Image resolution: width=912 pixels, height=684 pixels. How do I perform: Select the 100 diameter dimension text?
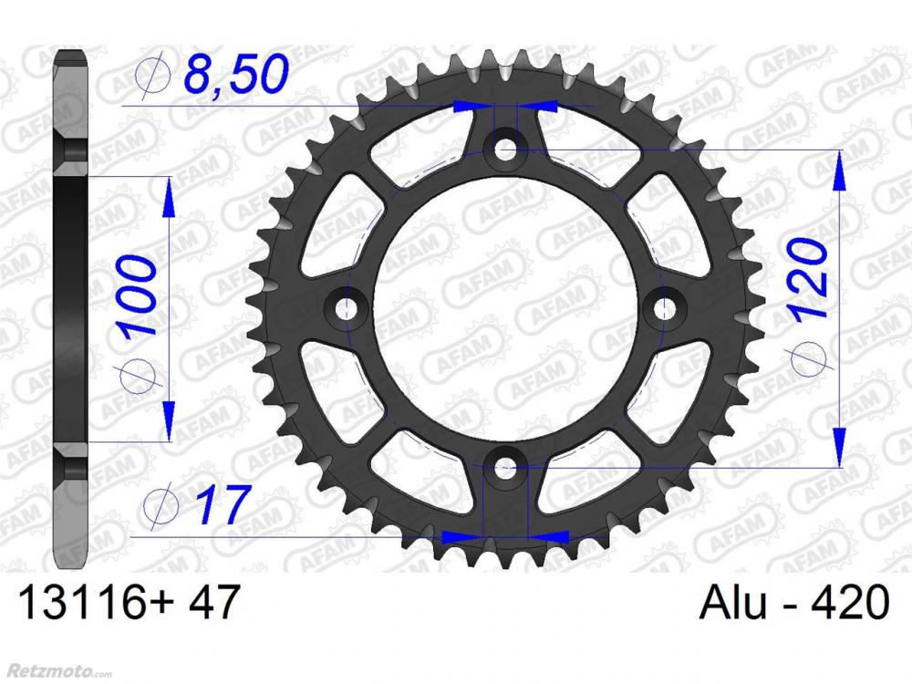139,296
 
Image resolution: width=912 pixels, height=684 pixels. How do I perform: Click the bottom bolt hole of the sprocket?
505,466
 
